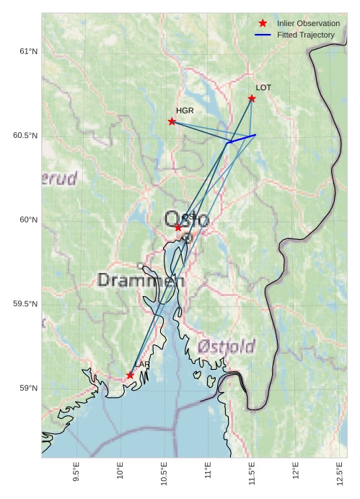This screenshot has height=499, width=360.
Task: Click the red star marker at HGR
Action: [172, 121]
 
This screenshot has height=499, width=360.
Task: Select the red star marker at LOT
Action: [252, 98]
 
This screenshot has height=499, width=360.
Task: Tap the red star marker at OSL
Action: [178, 227]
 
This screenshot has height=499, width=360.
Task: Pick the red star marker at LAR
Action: [130, 376]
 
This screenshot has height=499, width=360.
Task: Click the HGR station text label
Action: [185, 110]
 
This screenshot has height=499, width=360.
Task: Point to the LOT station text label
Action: [263, 87]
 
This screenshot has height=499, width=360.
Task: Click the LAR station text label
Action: [141, 365]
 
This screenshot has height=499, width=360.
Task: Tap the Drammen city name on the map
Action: [141, 280]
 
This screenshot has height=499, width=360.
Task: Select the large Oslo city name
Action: [186, 219]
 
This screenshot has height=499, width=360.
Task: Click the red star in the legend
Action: [263, 23]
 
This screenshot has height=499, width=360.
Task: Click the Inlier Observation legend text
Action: [308, 23]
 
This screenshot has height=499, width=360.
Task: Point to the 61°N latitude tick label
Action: [28, 51]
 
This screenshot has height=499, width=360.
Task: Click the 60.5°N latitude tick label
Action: [25, 136]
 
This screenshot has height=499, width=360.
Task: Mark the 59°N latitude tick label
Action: [28, 389]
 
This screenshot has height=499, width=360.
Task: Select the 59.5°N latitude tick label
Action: [25, 304]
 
